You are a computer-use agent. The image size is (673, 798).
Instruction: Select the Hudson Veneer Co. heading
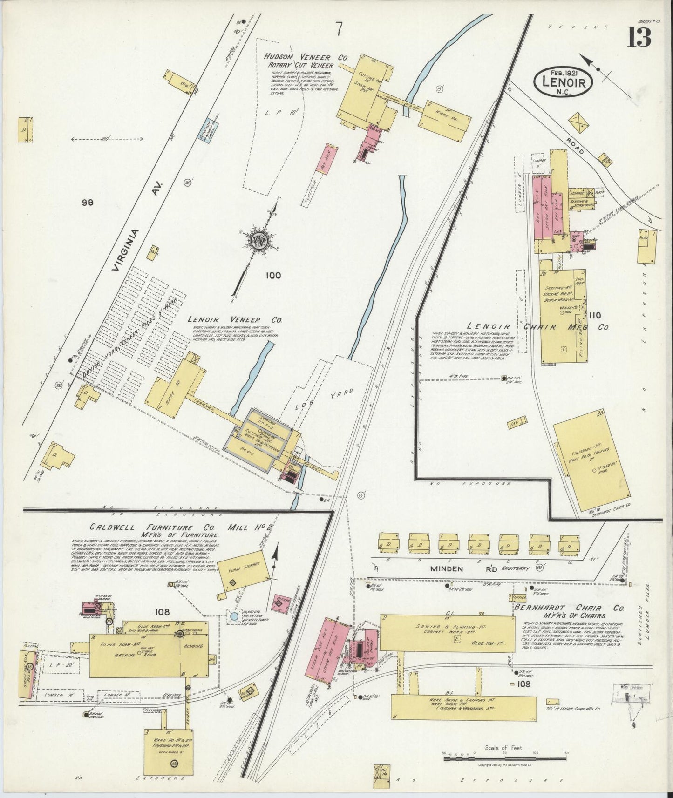pos(306,57)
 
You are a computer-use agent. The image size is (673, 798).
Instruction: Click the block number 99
pos(88,202)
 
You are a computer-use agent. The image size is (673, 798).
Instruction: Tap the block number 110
pos(595,315)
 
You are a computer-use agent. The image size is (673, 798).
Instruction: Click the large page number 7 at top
pos(339,29)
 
